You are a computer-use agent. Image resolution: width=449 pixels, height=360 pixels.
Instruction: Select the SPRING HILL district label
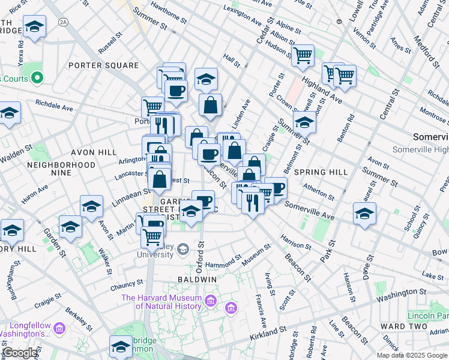[x=321, y=172]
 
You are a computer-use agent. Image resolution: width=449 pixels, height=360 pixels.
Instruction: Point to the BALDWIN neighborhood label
[x=197, y=280]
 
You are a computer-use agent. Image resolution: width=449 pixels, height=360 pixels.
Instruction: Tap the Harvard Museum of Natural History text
[x=161, y=302]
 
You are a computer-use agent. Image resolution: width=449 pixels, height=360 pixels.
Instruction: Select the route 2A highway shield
[x=64, y=22]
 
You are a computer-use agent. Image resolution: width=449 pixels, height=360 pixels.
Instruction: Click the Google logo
[x=20, y=353]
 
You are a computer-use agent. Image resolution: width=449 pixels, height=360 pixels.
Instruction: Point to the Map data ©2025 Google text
[x=412, y=355]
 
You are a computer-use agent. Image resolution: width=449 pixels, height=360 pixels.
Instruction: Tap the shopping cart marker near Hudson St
[x=303, y=56]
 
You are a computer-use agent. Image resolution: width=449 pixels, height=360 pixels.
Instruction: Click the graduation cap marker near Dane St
[x=364, y=214]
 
